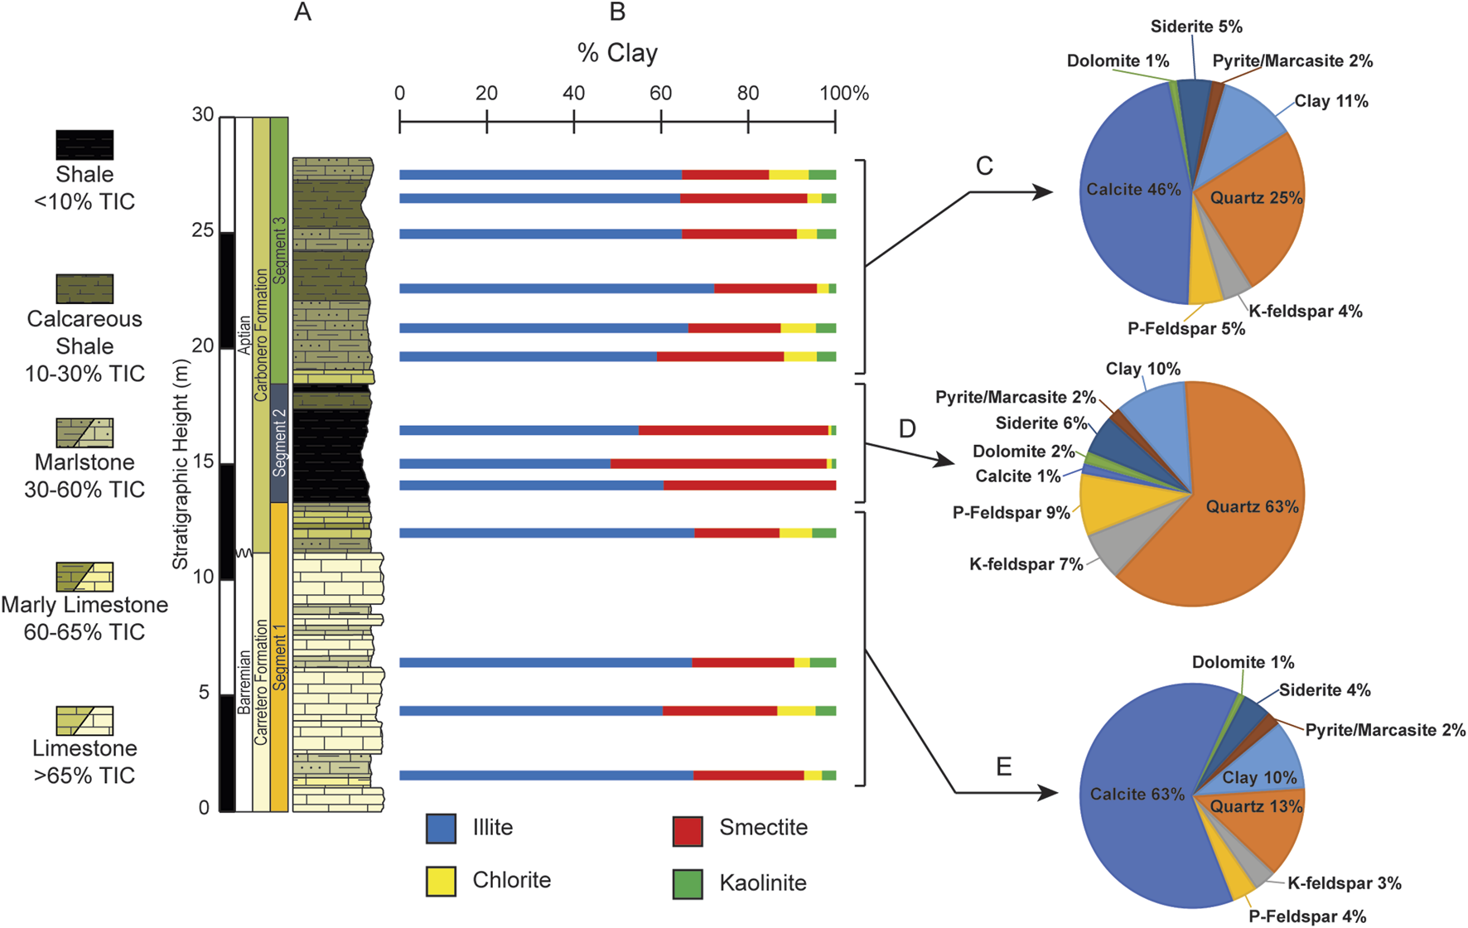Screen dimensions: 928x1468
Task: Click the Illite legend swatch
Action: (441, 829)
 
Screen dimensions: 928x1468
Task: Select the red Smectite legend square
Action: (688, 830)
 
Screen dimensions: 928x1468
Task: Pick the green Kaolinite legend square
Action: (688, 883)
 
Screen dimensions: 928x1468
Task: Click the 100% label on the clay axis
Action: (844, 94)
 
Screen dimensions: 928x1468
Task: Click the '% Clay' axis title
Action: (617, 53)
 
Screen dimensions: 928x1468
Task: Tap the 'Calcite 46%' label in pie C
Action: (1133, 190)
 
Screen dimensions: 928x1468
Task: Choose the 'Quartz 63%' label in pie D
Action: (1252, 507)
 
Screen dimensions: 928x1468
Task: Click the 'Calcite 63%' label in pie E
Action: (1137, 795)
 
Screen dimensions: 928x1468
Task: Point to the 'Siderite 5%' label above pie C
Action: (1196, 27)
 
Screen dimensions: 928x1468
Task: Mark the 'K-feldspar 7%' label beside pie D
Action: (1026, 565)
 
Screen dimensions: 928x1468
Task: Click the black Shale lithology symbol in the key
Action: (85, 145)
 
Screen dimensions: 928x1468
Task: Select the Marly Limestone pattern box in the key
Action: (85, 577)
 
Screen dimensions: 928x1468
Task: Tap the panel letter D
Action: (907, 429)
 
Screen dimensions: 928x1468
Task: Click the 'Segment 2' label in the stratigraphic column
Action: (279, 442)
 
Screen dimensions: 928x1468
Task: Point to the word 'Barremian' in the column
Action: (244, 682)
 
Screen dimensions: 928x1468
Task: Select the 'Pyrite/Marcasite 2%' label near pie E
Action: (1385, 730)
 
